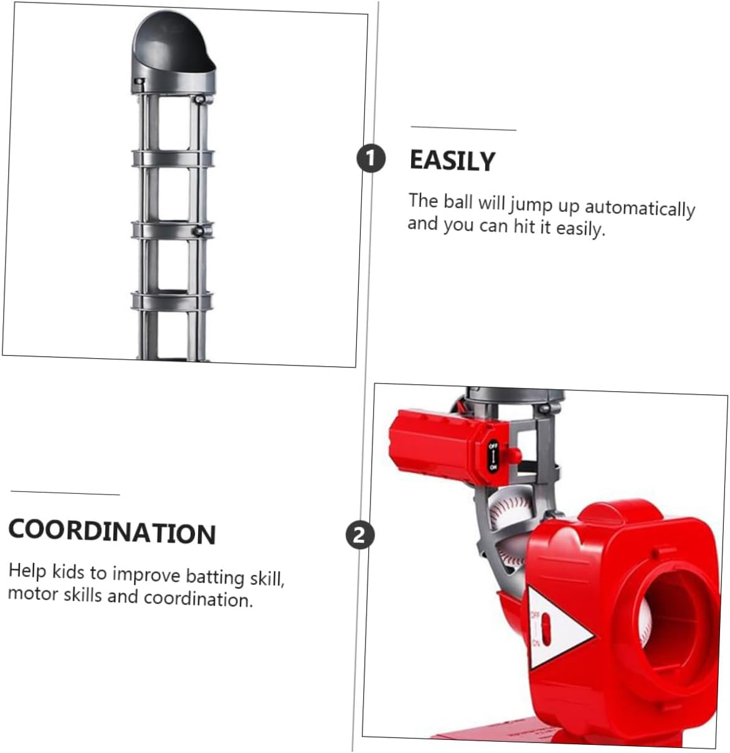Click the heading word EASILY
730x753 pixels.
(452, 161)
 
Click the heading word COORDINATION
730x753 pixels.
(112, 532)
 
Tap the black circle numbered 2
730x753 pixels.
(360, 535)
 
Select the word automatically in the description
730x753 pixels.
(640, 208)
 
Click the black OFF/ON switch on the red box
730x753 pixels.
(493, 456)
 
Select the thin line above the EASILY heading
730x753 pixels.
(463, 128)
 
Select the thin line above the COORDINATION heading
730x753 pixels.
(65, 493)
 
